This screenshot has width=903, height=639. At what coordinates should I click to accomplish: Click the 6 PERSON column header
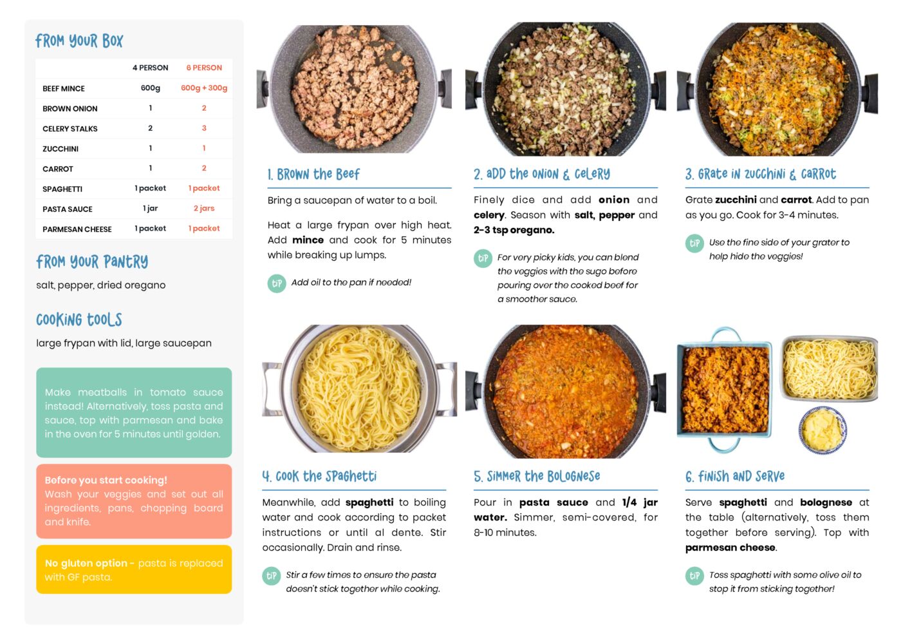click(204, 68)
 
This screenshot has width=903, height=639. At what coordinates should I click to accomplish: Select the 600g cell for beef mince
click(151, 88)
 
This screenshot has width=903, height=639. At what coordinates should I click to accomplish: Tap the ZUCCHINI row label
click(61, 149)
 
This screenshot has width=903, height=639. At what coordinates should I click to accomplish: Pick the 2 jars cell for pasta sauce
click(204, 209)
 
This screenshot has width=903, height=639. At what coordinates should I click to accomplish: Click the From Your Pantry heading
click(92, 262)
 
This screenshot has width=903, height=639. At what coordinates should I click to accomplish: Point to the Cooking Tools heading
click(79, 319)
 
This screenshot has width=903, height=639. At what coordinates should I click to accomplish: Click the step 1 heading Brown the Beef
click(313, 175)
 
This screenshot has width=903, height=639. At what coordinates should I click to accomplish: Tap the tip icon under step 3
click(694, 243)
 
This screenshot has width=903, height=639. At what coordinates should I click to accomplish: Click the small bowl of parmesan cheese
click(823, 430)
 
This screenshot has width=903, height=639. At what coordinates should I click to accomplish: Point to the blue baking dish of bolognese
click(725, 389)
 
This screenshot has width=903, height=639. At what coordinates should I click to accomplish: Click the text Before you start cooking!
click(106, 480)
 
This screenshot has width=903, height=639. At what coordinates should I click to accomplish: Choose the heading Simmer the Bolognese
click(537, 477)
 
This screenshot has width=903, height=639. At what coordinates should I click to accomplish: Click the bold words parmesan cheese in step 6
click(731, 548)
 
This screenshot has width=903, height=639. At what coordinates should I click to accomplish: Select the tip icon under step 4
click(272, 576)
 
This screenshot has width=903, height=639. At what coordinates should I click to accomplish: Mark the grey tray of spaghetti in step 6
click(829, 368)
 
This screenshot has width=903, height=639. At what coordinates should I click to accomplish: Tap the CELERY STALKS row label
click(70, 129)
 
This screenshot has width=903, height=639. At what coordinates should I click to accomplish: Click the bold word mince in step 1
click(308, 240)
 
